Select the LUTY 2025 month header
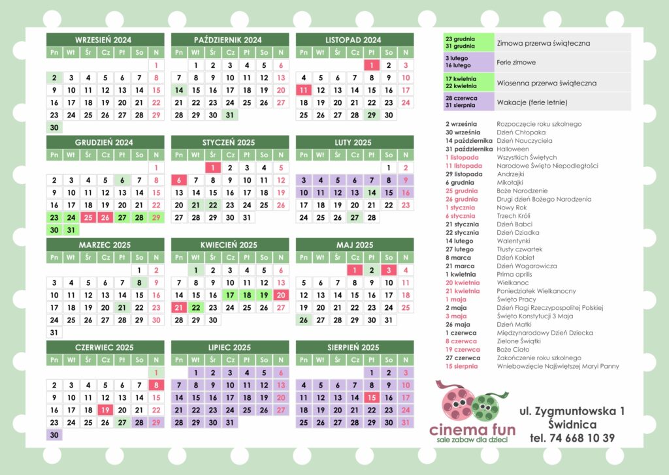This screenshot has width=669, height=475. [354, 142]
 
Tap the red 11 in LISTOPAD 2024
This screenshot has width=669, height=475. [303, 90]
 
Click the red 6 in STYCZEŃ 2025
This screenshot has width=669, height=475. [178, 180]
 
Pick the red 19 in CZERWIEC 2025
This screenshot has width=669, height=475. [105, 410]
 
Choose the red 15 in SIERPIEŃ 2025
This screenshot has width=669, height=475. [371, 397]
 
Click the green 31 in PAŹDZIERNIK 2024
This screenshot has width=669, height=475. [229, 115]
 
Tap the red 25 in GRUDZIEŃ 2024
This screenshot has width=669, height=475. [88, 217]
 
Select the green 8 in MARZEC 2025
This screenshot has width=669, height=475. [139, 283]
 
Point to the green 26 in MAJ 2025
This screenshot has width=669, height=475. [303, 320]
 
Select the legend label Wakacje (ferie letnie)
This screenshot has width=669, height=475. [530, 102]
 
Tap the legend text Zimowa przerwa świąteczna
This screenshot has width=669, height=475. [543, 43]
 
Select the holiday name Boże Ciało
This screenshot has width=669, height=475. [513, 349]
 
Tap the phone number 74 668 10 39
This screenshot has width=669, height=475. [572, 438]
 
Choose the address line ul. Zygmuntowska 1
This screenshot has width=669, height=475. [572, 411]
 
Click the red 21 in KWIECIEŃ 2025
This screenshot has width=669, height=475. [178, 307]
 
